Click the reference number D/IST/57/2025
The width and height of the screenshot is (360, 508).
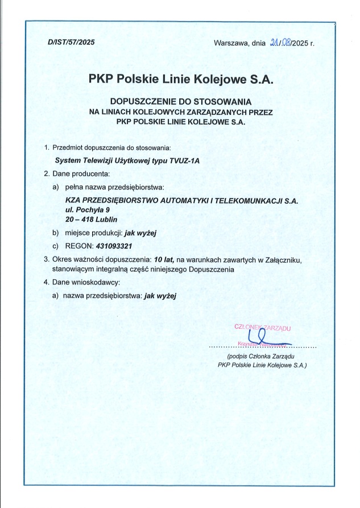[x=71, y=43]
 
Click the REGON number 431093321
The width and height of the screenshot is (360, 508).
[x=114, y=246]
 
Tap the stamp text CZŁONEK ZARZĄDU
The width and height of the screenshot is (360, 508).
[x=263, y=327]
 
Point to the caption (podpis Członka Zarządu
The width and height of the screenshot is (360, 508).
[x=262, y=356]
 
